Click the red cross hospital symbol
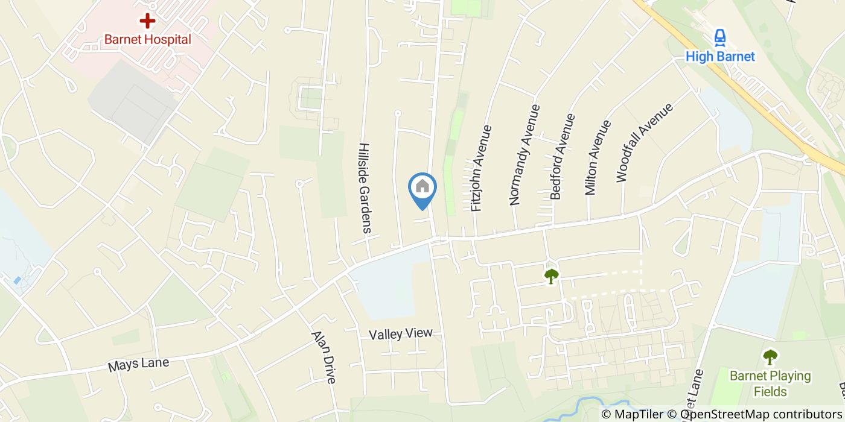(x=147, y=21)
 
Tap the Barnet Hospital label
(x=147, y=40)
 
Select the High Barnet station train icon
(x=719, y=38)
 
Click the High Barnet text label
(x=720, y=57)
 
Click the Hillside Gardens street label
(x=365, y=187)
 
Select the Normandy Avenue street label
(x=524, y=155)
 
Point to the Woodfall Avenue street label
(x=643, y=143)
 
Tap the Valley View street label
(x=401, y=333)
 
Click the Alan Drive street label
(x=323, y=357)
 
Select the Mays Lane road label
(x=138, y=365)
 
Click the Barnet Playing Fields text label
(x=770, y=383)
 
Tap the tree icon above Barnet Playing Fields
(x=770, y=357)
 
